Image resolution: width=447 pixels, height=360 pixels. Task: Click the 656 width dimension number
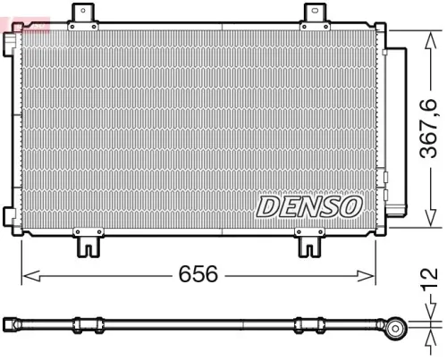point(198,274)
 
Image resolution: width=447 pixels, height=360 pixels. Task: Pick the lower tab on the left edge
point(9,215)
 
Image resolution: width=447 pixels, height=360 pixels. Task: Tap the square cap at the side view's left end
point(8,322)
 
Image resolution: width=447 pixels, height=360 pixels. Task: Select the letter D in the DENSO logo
point(267,206)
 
